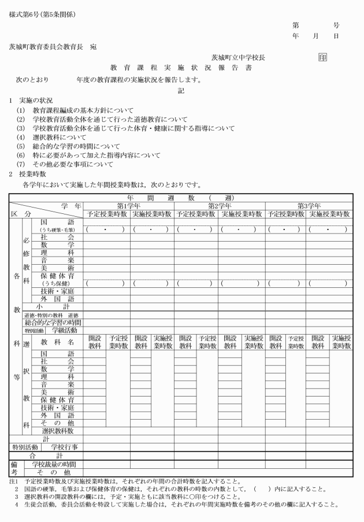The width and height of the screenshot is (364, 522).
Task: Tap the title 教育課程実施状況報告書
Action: pyautogui.click(x=181, y=68)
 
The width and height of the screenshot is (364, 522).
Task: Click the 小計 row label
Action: pyautogui.click(x=53, y=307)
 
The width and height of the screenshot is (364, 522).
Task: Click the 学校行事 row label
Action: pyautogui.click(x=65, y=447)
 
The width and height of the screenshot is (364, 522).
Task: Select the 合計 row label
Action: pyautogui.click(x=45, y=456)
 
